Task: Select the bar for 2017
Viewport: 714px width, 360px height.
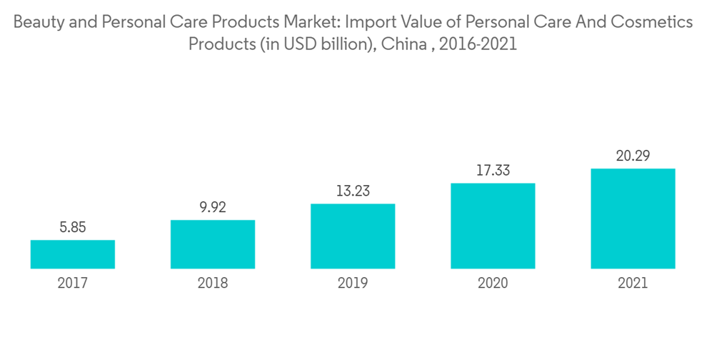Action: pos(73,254)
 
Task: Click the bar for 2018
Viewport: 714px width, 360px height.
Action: pos(213,244)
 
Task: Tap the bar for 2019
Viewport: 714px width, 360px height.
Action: pos(353,236)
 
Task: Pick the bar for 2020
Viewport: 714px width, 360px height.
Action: pos(493,226)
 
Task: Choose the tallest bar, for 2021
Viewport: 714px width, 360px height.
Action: pos(633,219)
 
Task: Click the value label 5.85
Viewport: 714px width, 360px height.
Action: pos(73,228)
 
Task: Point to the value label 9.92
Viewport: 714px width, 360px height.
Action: pos(213,208)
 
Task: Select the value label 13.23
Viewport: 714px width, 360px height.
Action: pos(353,191)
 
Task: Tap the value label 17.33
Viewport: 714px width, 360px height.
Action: pos(493,171)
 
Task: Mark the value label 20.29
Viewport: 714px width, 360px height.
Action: pos(633,156)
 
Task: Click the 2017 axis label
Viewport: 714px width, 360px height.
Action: pos(73,284)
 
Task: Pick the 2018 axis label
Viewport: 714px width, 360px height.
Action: pos(213,284)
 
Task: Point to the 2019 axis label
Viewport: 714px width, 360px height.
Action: pos(353,284)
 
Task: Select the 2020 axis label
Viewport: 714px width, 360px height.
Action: pos(493,284)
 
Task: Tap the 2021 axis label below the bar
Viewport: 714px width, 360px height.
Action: pos(633,284)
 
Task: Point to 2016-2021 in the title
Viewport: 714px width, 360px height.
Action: pos(478,44)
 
